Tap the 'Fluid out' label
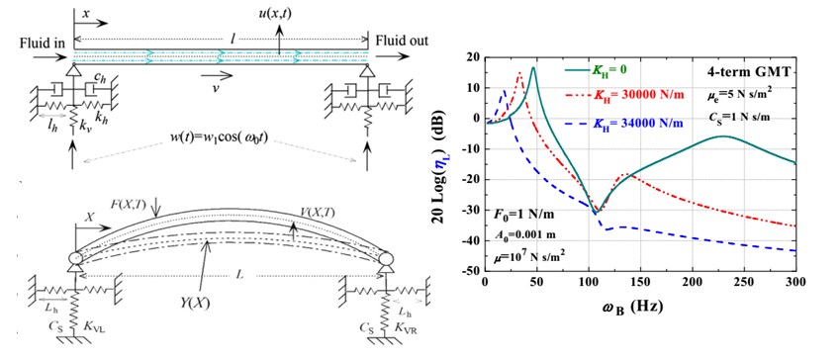point(402,41)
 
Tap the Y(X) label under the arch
point(197,304)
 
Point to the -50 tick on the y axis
point(471,271)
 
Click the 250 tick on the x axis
point(744,282)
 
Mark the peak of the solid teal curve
point(533,67)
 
